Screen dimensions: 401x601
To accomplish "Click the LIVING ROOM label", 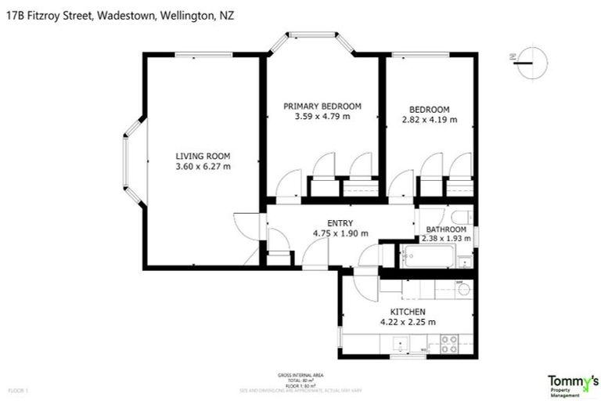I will (203, 155).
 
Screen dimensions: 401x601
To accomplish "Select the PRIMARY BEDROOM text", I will (322, 106).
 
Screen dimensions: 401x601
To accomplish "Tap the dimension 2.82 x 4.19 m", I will (429, 120).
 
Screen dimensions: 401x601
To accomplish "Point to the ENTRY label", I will (340, 222).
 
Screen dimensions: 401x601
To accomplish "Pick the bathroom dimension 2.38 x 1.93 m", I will (446, 239).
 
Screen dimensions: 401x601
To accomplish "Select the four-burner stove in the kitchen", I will (449, 342).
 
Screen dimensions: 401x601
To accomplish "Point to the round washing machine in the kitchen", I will (462, 289).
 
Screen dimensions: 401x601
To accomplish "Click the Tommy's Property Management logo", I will (569, 384).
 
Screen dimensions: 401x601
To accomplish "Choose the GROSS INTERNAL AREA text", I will (300, 375).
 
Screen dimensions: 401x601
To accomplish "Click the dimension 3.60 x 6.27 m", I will (203, 166).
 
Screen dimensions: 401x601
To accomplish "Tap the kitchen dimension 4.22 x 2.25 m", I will (407, 322).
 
